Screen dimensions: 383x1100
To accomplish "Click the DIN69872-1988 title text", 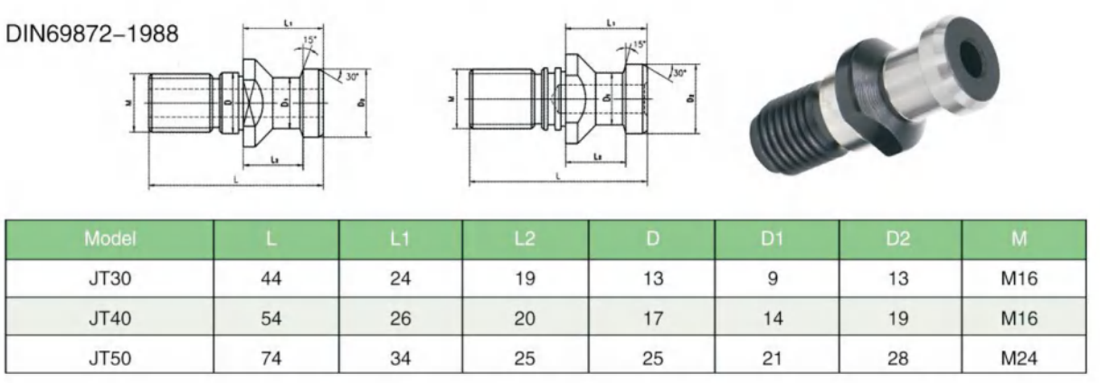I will pos(93,34).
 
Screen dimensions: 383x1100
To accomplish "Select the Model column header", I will pos(109,239).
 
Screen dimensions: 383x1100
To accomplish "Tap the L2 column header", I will pos(525,239).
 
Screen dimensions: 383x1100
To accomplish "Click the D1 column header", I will pos(771,239).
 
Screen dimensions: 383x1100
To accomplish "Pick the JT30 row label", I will pos(109,279).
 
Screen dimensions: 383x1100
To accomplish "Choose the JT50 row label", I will pos(109,357).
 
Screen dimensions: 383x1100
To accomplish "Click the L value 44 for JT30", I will pos(271,279).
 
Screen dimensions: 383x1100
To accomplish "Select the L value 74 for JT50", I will pos(271,357).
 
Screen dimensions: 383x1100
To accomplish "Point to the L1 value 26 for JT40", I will pos(400,318).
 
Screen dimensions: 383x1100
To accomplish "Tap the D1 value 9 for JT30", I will pos(772,279).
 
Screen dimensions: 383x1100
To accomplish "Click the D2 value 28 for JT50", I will pos(898,357).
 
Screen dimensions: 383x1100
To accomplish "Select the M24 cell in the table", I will pos(1024,357).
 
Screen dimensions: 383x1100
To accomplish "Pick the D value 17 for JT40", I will pos(651,318).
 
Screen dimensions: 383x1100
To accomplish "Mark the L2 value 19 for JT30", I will pos(525,279).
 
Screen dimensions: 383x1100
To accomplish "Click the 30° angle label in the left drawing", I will pos(352,77).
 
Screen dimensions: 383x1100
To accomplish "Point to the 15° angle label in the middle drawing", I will pos(639,44).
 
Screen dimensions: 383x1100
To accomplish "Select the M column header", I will pos(1024,239).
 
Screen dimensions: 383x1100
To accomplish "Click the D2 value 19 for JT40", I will pos(898,318).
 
